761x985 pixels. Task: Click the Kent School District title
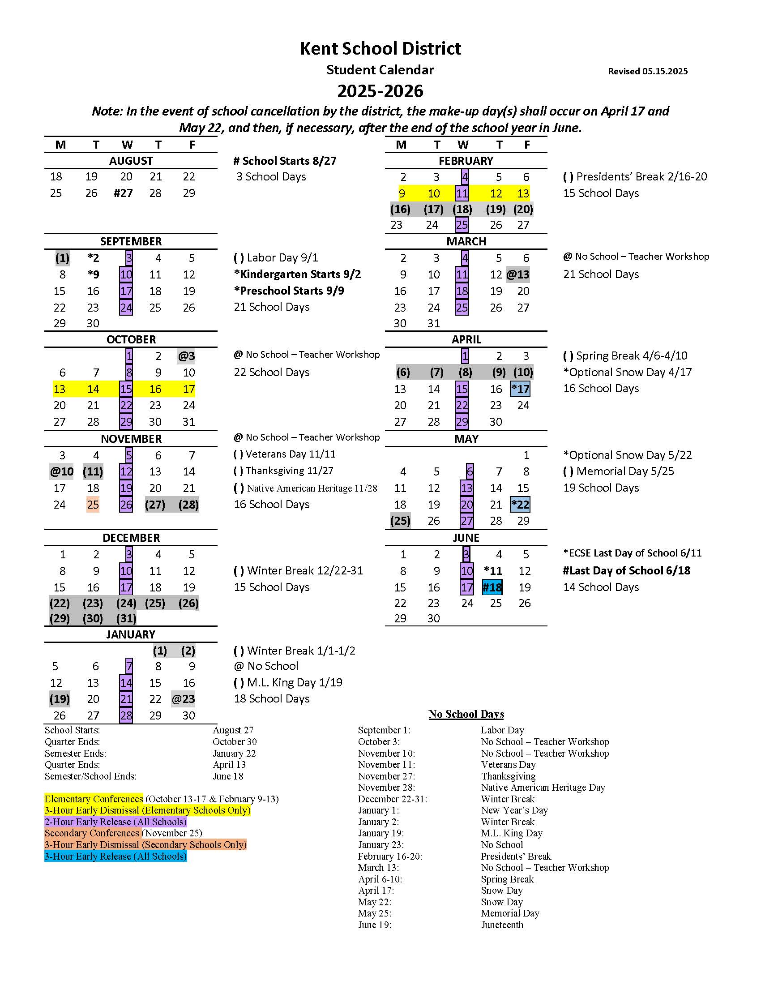click(x=380, y=49)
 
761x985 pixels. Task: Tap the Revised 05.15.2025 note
click(x=647, y=71)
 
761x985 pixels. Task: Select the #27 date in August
click(x=123, y=193)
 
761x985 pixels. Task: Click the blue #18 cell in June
click(x=492, y=587)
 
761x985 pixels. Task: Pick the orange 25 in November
click(x=93, y=505)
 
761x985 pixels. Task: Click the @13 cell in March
click(x=517, y=274)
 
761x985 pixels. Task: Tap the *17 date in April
click(x=520, y=389)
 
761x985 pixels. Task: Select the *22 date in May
click(x=520, y=505)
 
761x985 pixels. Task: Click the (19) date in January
click(x=60, y=699)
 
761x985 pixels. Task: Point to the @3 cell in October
click(x=186, y=356)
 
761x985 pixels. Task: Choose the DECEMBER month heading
click(x=131, y=538)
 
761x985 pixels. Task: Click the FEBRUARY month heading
click(x=466, y=161)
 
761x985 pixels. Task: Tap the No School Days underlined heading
click(x=466, y=714)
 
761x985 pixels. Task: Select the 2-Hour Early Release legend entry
click(x=115, y=822)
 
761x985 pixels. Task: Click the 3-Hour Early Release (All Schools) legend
click(x=115, y=856)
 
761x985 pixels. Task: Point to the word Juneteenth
click(x=502, y=925)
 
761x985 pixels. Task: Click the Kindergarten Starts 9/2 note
click(x=297, y=274)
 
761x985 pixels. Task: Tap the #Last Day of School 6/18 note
click(x=626, y=570)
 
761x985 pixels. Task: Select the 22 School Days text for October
click(x=271, y=372)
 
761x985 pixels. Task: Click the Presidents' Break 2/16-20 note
click(x=635, y=176)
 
